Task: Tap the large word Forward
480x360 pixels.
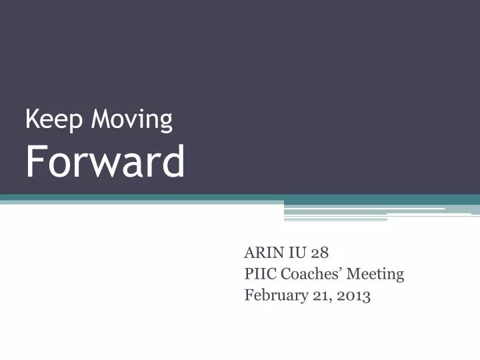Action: pos(105,162)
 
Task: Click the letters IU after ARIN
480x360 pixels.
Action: pos(297,253)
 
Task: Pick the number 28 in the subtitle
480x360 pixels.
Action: pos(319,253)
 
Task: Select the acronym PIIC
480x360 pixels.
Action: pos(261,274)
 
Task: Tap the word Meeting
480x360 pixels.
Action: pos(379,274)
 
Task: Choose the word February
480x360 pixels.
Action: pos(274,295)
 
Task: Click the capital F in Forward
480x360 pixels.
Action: pos(34,162)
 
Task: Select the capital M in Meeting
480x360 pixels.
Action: pos(360,274)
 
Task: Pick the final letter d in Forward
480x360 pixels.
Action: pos(175,162)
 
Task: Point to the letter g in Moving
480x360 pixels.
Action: pos(165,123)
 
